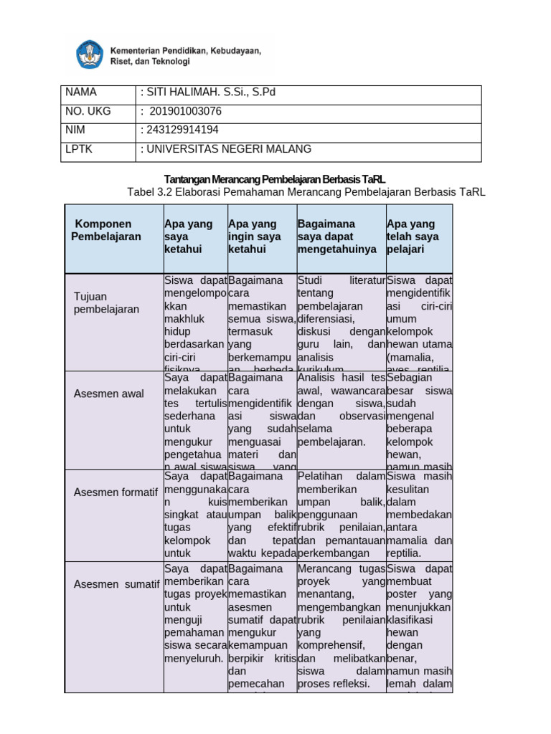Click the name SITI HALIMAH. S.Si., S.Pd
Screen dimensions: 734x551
(x=208, y=92)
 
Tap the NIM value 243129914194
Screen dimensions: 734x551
(x=179, y=130)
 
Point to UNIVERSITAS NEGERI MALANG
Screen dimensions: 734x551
(x=226, y=149)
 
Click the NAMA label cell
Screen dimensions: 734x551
(x=80, y=92)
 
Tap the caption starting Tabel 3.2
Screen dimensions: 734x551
(x=306, y=191)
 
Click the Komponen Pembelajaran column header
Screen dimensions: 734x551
(x=106, y=230)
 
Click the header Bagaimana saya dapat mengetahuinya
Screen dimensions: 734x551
(x=336, y=237)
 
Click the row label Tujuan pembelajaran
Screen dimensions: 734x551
(x=106, y=302)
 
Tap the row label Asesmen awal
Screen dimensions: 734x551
(x=108, y=394)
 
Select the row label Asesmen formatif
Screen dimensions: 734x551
(x=116, y=492)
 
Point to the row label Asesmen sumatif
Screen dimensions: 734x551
(x=116, y=584)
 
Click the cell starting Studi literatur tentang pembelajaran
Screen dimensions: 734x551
(x=341, y=323)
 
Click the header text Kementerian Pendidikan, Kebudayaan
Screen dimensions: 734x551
(x=185, y=51)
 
